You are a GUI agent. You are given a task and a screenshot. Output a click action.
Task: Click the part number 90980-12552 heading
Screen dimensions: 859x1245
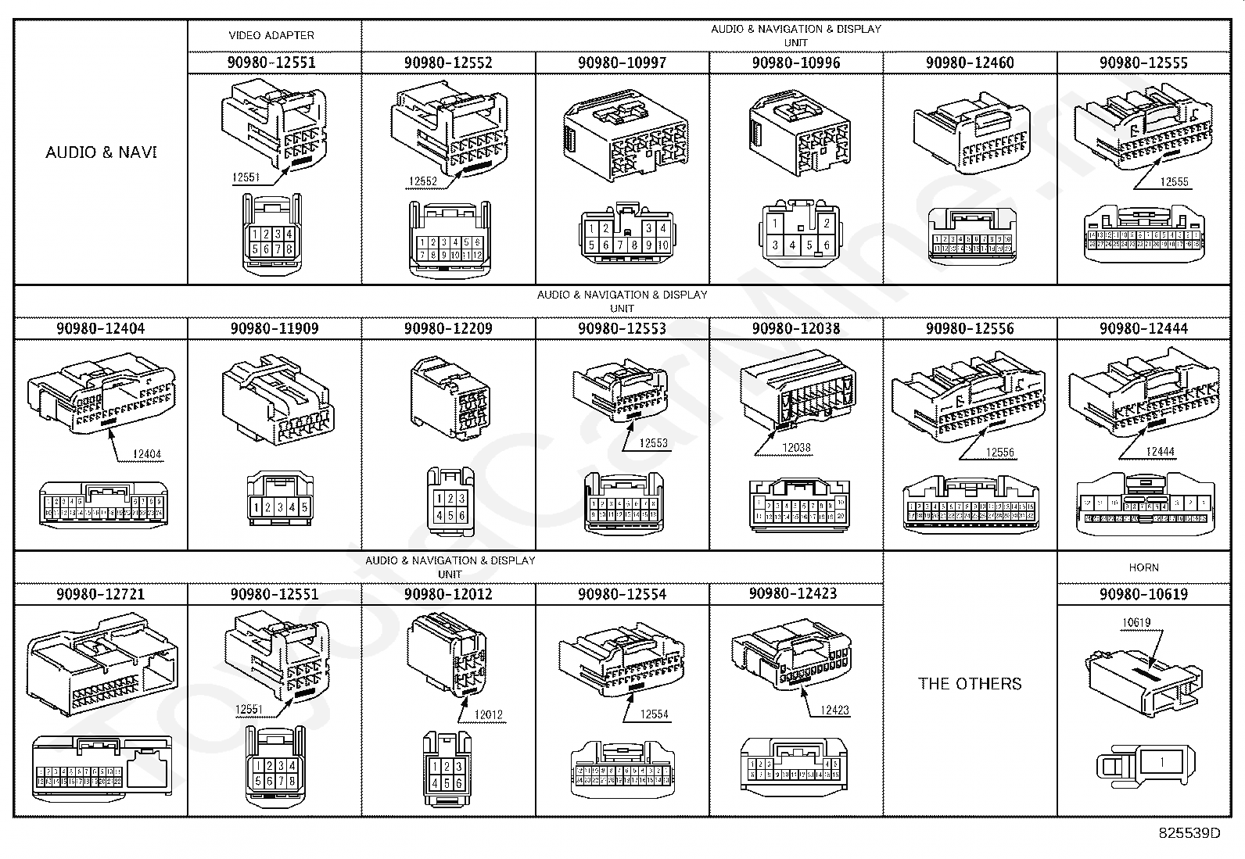click(448, 63)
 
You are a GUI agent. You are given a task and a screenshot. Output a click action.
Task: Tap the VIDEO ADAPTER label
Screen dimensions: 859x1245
click(271, 35)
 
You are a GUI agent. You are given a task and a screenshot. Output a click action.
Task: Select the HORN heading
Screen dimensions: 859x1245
click(1143, 567)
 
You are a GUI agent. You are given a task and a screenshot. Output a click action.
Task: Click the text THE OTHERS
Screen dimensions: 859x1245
click(970, 683)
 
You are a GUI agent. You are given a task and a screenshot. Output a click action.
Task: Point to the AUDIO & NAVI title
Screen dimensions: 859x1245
click(101, 152)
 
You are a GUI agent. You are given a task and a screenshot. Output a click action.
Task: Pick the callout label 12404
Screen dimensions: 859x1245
click(147, 454)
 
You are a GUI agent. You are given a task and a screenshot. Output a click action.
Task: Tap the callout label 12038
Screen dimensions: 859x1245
click(796, 448)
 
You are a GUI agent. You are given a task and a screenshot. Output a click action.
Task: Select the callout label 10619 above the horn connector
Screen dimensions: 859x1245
click(1136, 623)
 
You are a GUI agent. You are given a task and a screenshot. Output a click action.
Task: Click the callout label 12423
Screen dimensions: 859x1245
click(834, 710)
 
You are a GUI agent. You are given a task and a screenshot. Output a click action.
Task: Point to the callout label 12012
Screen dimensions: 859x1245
click(489, 714)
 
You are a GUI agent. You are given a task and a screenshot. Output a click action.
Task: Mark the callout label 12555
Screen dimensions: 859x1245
click(1174, 181)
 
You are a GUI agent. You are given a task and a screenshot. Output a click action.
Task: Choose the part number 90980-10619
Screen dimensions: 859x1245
click(1143, 594)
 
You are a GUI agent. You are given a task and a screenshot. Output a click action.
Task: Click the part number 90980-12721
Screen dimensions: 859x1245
click(100, 594)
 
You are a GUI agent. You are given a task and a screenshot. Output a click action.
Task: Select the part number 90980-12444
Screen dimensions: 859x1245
click(1143, 328)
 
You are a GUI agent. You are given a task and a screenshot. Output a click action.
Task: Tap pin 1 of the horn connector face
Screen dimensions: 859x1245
click(1162, 761)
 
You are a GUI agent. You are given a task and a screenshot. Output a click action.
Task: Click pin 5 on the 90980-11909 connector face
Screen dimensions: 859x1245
click(305, 507)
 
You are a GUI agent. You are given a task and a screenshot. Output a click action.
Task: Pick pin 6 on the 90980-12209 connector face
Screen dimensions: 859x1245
click(462, 516)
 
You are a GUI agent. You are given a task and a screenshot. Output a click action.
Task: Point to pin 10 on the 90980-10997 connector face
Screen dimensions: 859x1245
click(662, 245)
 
